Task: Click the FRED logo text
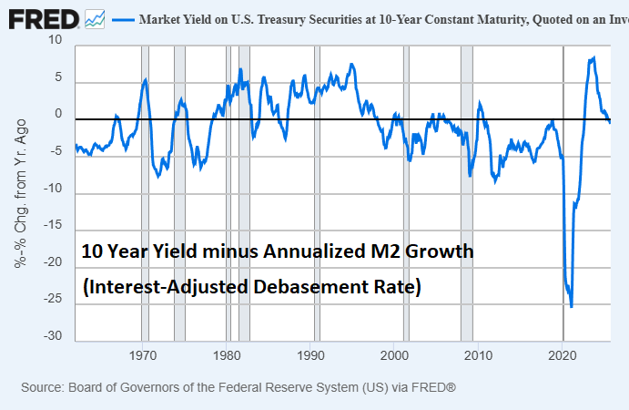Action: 42,17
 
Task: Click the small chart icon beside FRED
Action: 94,18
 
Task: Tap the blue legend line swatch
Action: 122,18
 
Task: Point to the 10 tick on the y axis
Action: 56,40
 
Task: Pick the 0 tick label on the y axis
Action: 58,114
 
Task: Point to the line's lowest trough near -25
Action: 572,306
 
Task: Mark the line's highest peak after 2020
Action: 593,57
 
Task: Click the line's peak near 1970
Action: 146,80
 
